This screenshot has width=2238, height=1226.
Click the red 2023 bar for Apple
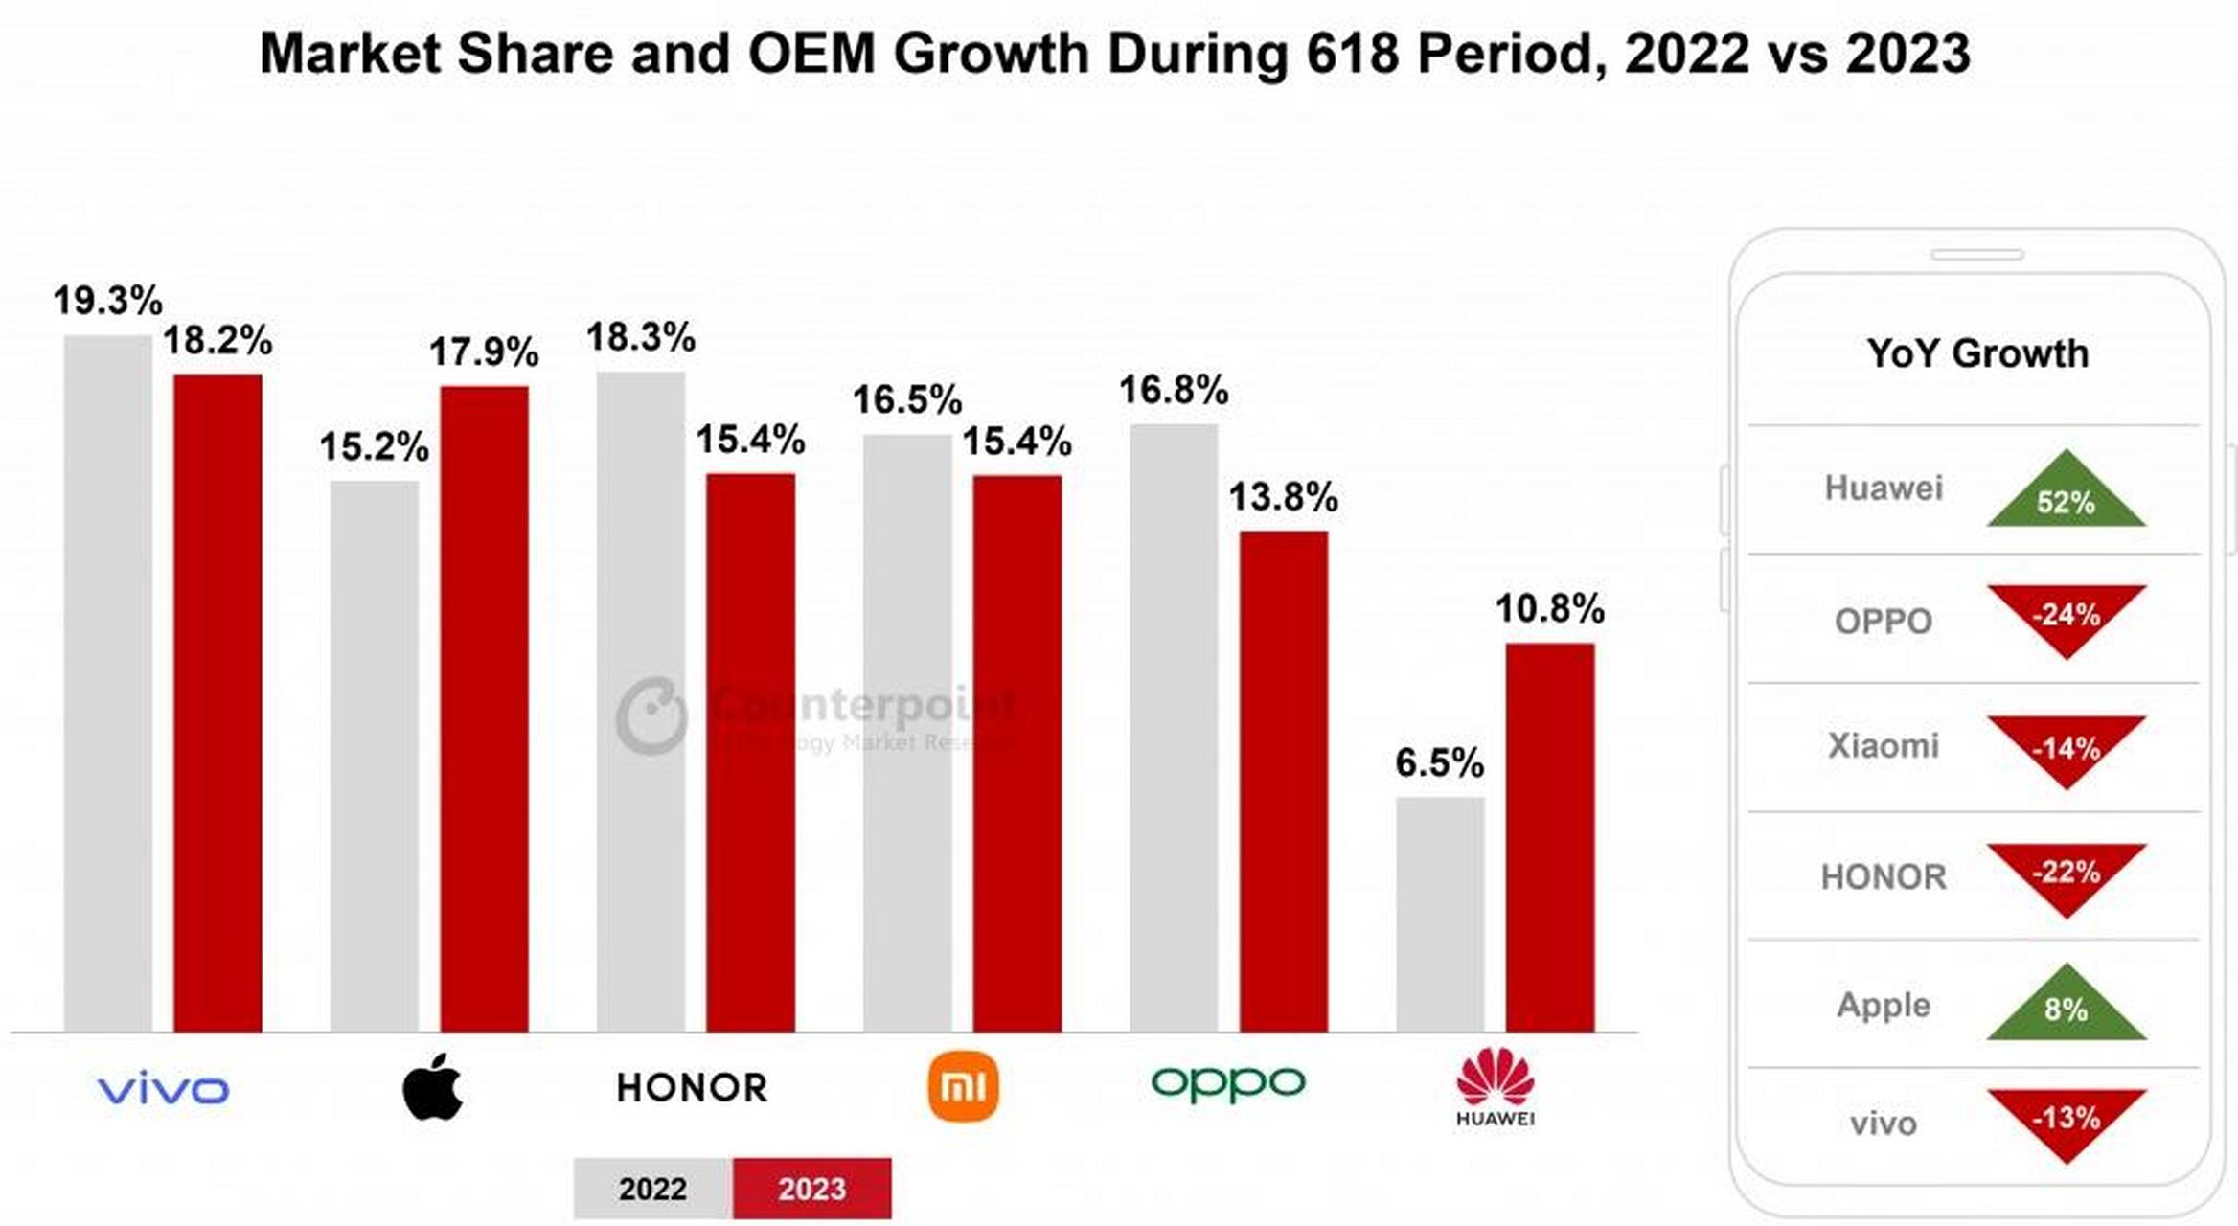484,709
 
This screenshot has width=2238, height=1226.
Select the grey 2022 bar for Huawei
1439,915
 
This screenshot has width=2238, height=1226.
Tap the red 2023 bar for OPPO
1283,781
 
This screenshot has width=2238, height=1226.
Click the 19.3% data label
107,301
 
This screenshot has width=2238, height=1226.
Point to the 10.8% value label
1549,609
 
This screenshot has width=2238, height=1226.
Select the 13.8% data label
1283,497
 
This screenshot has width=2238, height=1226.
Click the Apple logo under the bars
432,1087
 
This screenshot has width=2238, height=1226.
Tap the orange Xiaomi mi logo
963,1087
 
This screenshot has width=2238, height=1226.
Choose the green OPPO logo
1227,1083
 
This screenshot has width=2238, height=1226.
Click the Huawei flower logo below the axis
1495,1078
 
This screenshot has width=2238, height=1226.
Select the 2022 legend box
652,1189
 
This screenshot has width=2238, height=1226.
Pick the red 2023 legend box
811,1189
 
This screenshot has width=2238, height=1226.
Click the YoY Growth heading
1976,353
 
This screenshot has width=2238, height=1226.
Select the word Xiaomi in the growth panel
1883,745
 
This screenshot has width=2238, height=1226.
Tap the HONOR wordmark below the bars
692,1088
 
